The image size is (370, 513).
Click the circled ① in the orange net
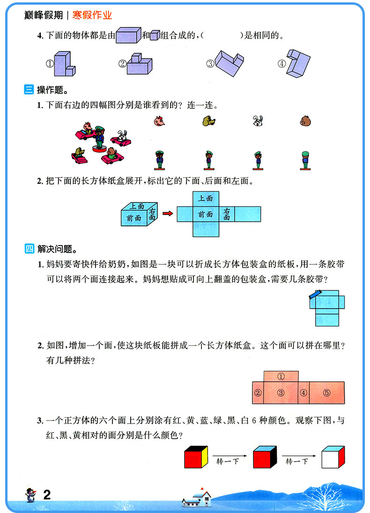coord(281,376)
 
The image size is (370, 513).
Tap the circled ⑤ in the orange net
coord(327,393)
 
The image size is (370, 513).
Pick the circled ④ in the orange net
coord(303,393)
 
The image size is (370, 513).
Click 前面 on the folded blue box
coord(133,217)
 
